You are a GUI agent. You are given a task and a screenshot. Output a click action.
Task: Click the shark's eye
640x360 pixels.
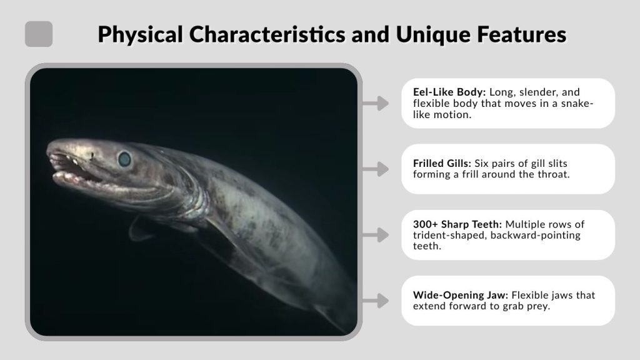(x=125, y=159)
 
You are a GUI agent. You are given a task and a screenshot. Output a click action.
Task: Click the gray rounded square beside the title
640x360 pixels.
(x=39, y=34)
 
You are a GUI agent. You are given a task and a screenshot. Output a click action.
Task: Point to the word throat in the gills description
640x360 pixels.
(x=552, y=174)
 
